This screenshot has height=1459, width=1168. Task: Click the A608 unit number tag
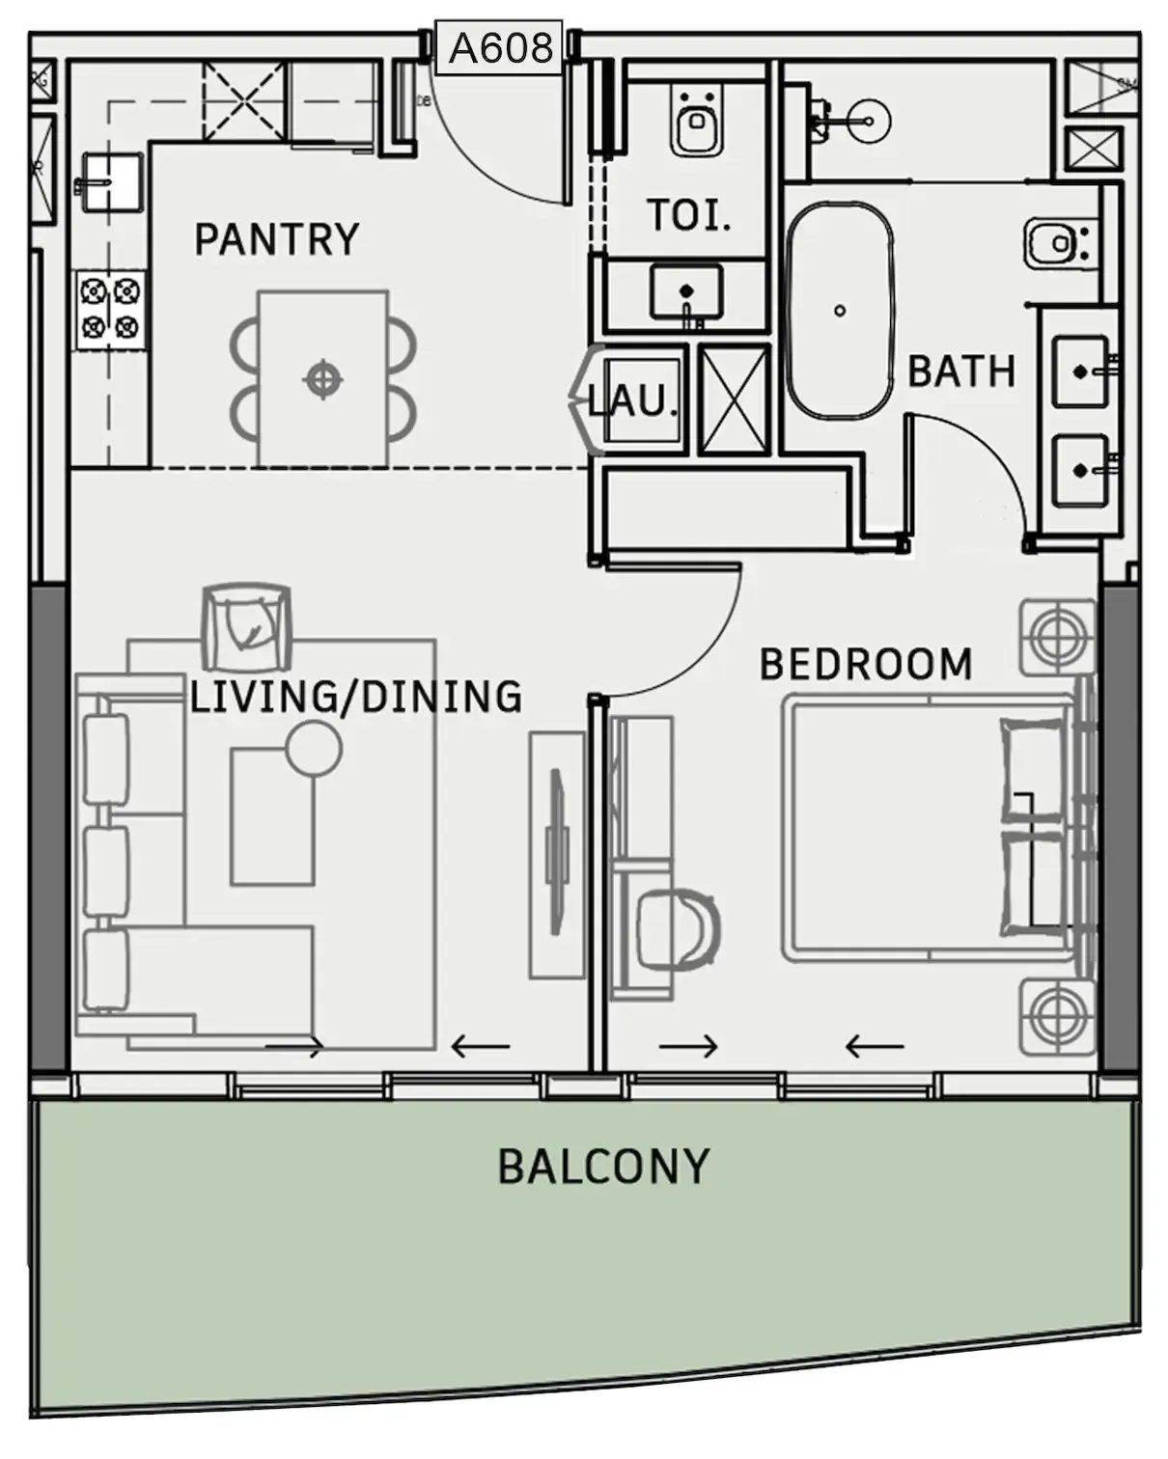tap(501, 48)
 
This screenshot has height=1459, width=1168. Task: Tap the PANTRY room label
tap(277, 239)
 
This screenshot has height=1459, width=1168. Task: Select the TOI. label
tap(688, 215)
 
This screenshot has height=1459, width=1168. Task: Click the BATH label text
tap(961, 372)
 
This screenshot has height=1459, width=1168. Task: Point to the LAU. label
tap(631, 400)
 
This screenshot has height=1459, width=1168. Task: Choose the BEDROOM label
tap(866, 665)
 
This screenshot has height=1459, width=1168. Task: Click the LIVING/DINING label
tap(356, 697)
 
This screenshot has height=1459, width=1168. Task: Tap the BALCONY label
tap(603, 1167)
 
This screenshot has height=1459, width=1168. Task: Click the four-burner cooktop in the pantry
tap(111, 311)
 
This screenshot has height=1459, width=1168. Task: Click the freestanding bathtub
tap(840, 310)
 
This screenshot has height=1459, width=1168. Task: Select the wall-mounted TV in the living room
tap(556, 852)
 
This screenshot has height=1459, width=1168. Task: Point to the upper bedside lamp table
tap(1057, 637)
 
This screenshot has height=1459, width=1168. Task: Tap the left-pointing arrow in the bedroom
tap(875, 1046)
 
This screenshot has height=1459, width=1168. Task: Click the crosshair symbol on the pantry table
tap(322, 379)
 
